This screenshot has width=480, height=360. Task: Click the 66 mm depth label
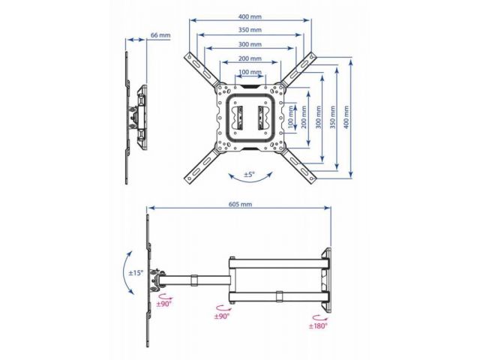[160, 35]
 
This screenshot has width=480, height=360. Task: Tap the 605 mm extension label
[240, 204]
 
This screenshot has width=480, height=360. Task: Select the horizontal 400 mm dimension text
[250, 16]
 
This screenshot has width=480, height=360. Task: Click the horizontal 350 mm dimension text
[250, 30]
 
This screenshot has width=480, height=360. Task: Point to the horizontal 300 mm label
[250, 44]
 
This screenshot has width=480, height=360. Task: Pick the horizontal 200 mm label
[250, 58]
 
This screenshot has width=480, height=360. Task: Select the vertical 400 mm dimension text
[346, 117]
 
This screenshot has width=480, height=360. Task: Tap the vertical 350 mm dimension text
[332, 117]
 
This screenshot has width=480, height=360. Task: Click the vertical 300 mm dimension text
[318, 117]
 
